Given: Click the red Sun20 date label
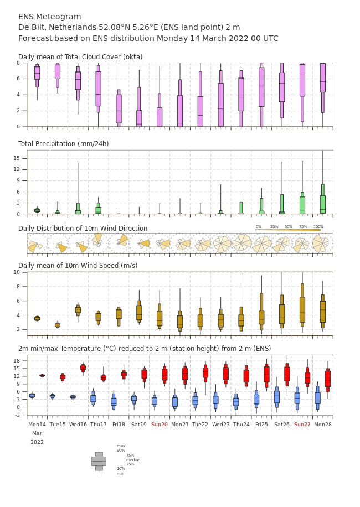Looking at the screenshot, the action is [160, 424].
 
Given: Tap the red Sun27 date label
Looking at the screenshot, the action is [302, 424].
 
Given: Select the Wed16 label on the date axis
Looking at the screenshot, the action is [78, 424].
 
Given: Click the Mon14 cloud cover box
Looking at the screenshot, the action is [37, 76].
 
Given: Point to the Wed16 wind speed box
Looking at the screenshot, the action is [78, 310].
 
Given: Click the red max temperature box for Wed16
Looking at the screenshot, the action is [83, 368].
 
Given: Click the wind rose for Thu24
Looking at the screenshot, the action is [241, 243].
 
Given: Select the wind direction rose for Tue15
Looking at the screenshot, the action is [61, 247].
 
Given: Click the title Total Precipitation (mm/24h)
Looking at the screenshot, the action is [63, 143].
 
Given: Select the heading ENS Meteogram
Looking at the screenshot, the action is [49, 17].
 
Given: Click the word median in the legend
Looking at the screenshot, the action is [133, 459].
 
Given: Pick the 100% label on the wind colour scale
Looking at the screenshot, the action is [318, 227].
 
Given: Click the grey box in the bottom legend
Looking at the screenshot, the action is [99, 462].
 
